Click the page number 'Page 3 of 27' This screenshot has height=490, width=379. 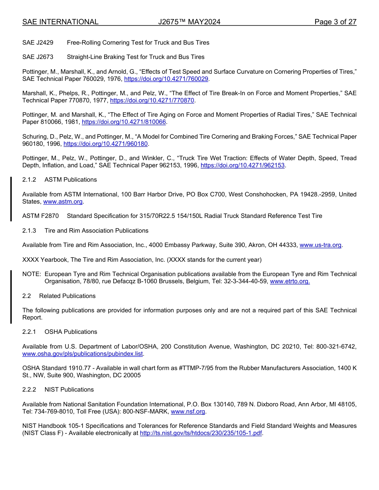pos(335,22)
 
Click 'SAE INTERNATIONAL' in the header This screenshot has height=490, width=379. pos(60,22)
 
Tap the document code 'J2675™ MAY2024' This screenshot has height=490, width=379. pos(189,22)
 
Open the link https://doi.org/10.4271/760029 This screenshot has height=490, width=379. pos(166,79)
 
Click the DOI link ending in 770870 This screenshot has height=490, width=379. pos(152,100)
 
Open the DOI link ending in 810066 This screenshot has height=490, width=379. pos(124,122)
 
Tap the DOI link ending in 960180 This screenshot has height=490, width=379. pos(106,143)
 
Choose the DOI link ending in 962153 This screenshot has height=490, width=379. pos(243,165)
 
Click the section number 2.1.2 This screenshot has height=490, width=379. pos(29,180)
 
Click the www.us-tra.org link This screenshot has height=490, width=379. pos(320,245)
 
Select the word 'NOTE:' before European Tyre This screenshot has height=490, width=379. pos(32,274)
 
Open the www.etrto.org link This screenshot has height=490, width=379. pos(290,281)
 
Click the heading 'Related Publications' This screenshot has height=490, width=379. pos(67,296)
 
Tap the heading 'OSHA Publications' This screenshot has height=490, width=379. pos(71,332)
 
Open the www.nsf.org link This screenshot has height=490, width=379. pos(188,411)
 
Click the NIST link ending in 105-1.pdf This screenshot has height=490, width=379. pos(201,433)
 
